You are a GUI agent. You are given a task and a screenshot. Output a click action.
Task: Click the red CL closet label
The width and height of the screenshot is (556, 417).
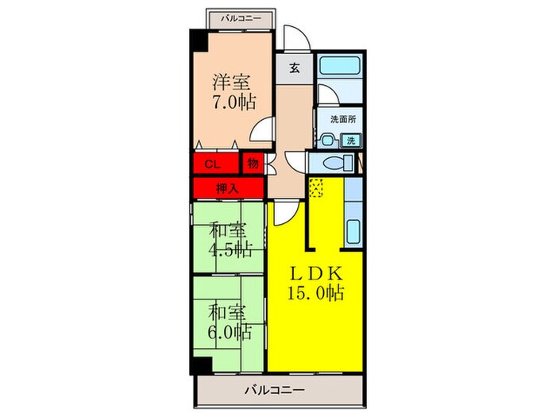pos(212,164)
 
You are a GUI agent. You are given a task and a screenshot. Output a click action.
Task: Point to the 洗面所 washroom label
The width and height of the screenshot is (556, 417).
pos(342,120)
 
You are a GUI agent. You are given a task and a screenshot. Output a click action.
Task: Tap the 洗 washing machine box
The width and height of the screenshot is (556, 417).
pos(350,141)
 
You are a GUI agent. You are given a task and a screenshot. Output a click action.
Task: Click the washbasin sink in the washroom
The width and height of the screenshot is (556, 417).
pos(327,141)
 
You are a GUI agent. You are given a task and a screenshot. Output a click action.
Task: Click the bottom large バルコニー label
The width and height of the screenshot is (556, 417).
pos(274,389)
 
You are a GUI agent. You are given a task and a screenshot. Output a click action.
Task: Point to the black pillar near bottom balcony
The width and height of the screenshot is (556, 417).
pos(199,366)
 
